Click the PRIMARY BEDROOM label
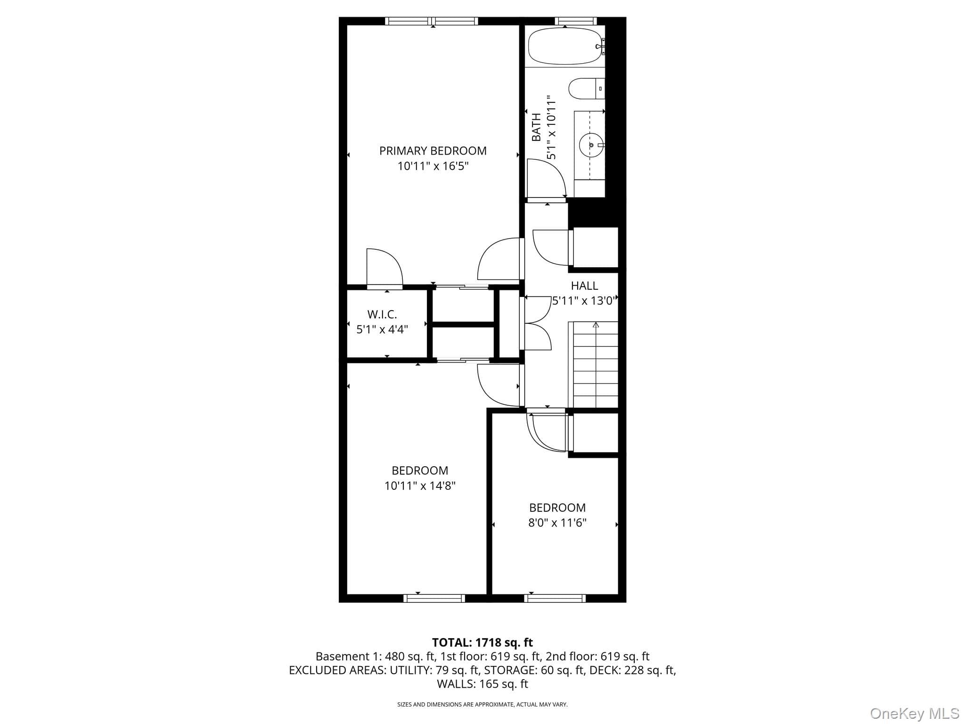tap(433, 151)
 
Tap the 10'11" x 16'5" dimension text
tap(433, 166)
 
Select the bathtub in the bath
tap(565, 46)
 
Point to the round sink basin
tap(590, 145)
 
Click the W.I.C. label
tap(382, 314)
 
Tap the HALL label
tap(584, 286)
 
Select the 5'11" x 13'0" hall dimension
tap(584, 301)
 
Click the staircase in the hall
tap(596, 364)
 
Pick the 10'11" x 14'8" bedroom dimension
tap(420, 485)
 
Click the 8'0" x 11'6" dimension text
tap(557, 523)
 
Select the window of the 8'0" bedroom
tap(555, 598)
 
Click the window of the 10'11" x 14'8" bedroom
tap(434, 598)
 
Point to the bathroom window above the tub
tap(576, 21)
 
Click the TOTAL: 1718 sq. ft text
tap(482, 642)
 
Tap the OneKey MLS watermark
tap(915, 714)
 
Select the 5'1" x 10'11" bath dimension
tap(551, 127)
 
